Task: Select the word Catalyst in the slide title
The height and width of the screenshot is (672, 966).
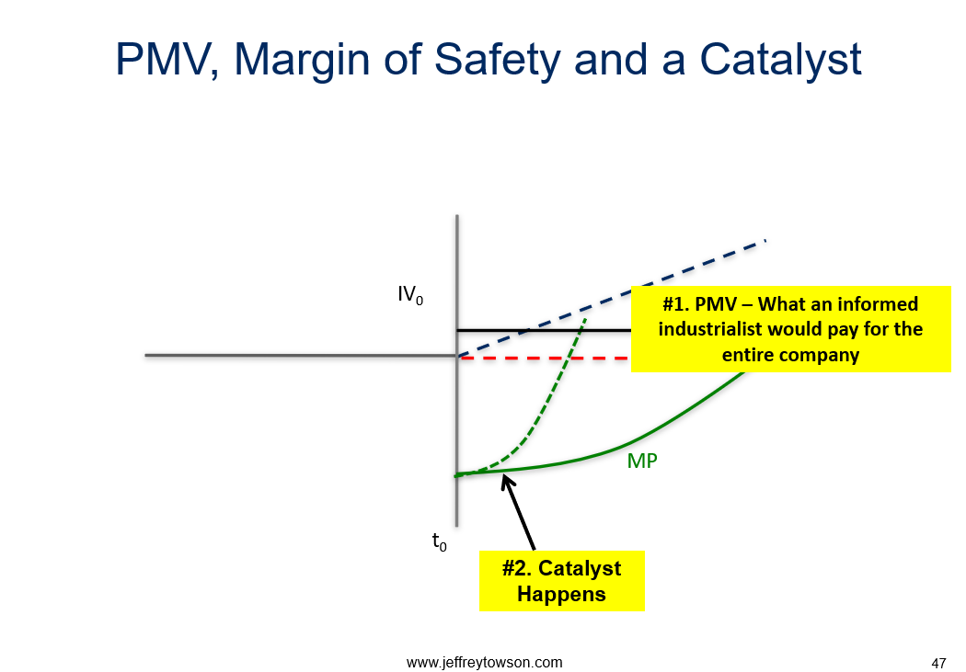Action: tap(780, 61)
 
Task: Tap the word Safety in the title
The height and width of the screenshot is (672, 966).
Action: tap(497, 61)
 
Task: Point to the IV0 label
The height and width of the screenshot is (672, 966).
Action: tap(410, 295)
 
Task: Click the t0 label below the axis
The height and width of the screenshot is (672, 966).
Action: tap(439, 541)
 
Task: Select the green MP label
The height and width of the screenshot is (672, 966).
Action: tap(642, 461)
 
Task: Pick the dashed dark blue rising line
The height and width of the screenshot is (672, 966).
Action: tap(612, 298)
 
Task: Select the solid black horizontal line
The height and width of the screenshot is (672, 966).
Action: tap(544, 330)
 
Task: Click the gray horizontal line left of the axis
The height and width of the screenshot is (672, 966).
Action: tap(301, 355)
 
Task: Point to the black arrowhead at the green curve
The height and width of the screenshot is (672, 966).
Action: tap(506, 481)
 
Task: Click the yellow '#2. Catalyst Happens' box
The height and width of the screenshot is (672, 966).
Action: tap(562, 581)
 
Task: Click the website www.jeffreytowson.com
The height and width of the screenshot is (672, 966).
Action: tap(484, 662)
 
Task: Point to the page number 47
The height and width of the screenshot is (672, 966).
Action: tap(938, 664)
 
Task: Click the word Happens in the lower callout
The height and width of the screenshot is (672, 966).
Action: tap(561, 595)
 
